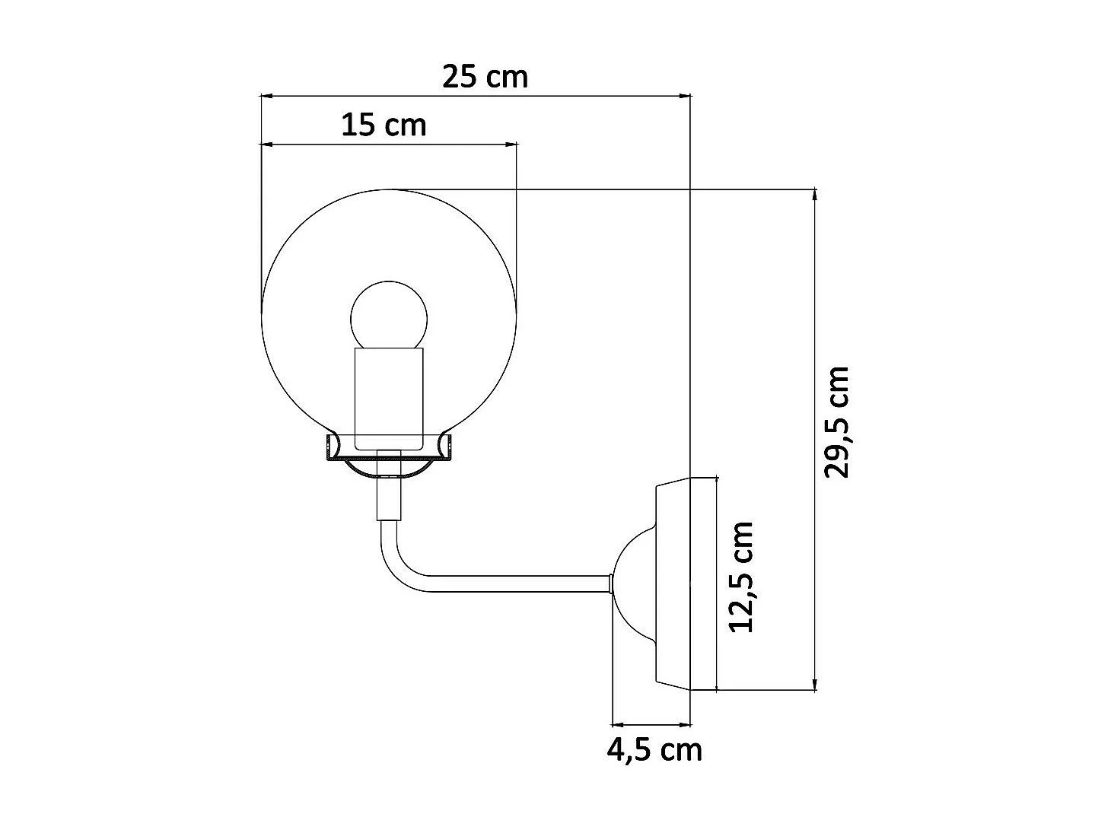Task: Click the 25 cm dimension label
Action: [485, 77]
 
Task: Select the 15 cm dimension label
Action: [384, 124]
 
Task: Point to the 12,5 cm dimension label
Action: [740, 577]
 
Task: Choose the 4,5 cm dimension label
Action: [654, 750]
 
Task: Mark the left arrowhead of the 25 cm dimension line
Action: [266, 97]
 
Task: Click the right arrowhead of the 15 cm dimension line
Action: [512, 143]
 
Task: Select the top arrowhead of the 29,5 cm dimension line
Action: [816, 195]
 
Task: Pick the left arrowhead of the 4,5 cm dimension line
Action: [617, 724]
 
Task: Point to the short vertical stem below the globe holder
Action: [388, 498]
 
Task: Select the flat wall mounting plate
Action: [673, 583]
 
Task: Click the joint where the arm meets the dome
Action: [611, 583]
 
